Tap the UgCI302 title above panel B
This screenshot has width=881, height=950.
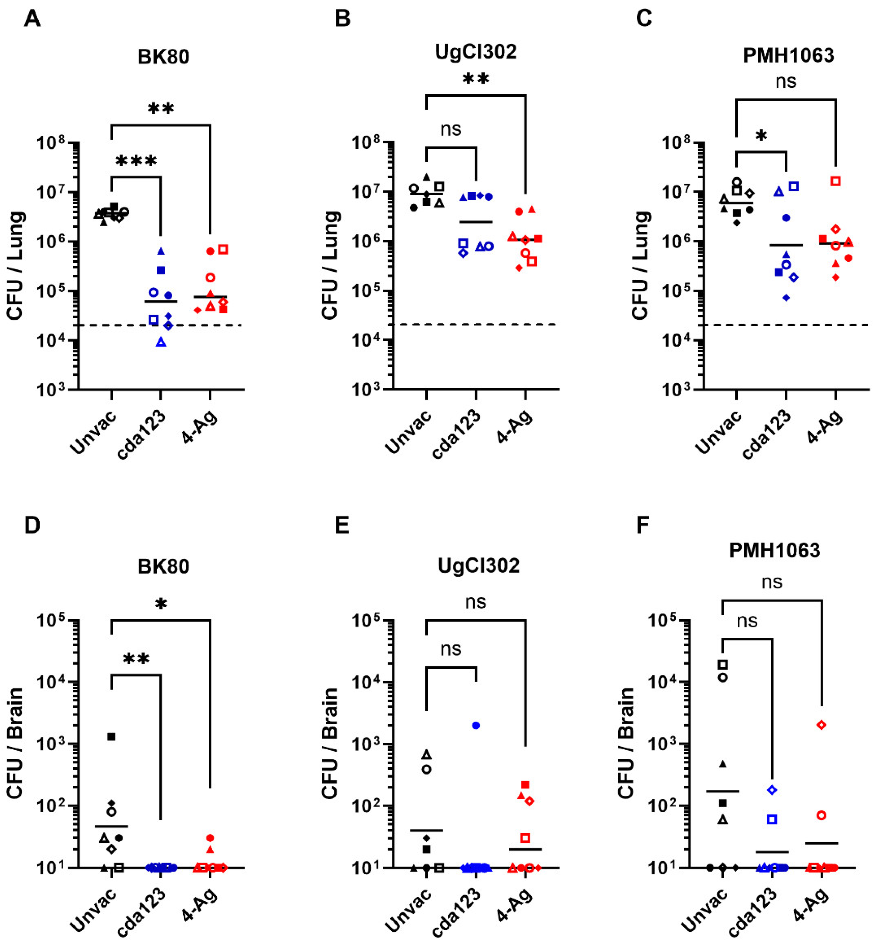click(475, 51)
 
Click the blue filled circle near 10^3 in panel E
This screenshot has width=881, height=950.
click(476, 725)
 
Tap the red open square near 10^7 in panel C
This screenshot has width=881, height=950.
click(835, 181)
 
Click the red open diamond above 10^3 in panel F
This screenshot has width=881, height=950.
click(821, 725)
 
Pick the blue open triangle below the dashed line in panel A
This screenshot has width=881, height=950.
click(161, 342)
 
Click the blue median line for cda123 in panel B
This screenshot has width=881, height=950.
click(476, 222)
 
